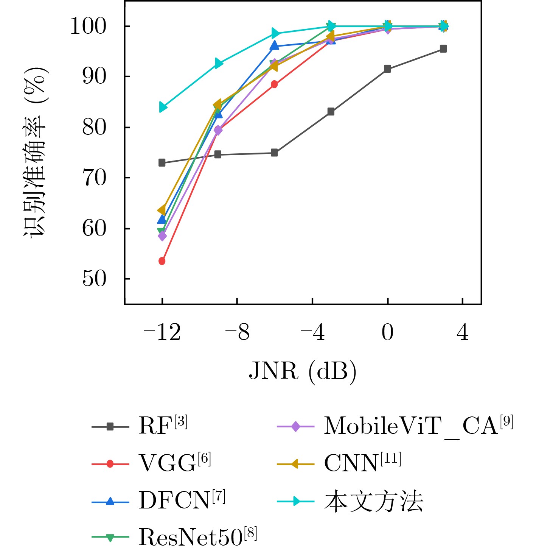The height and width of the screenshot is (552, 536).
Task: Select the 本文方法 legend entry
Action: pos(373,501)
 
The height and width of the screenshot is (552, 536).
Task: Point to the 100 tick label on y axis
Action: pos(88,27)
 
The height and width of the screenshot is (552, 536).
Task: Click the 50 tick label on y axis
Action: pos(94,279)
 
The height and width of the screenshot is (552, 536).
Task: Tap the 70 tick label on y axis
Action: pos(94,178)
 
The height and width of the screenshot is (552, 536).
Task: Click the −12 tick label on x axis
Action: pos(162,333)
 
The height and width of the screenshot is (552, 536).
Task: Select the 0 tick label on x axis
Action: pos(387,333)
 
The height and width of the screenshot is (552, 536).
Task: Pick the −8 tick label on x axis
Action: pos(237,333)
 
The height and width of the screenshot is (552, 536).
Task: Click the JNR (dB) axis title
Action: pos(303,371)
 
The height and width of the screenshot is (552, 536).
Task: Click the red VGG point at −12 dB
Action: pos(162,261)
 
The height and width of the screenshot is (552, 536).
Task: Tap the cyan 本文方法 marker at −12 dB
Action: pos(163,108)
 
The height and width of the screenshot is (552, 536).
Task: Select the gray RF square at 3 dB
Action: pos(443,49)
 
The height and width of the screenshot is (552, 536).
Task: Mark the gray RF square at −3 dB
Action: pos(331,112)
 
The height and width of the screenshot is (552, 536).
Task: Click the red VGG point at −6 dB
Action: pos(274,84)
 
